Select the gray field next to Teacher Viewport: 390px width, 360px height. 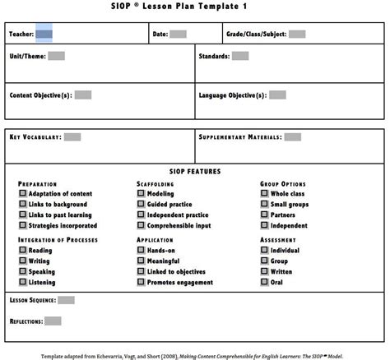pyautogui.click(x=44, y=35)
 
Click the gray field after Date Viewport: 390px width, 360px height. pyautogui.click(x=178, y=35)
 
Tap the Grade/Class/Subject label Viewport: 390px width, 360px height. pyautogui.click(x=256, y=35)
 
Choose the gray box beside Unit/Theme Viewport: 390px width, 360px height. pyautogui.click(x=56, y=56)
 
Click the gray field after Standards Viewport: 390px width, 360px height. pyautogui.click(x=239, y=56)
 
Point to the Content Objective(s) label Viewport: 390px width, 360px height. pyautogui.click(x=40, y=95)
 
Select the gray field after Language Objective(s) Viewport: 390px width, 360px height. pyautogui.click(x=277, y=95)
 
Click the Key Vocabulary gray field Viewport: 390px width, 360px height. pyautogui.click(x=72, y=137)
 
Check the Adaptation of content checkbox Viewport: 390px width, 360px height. pyautogui.click(x=22, y=194)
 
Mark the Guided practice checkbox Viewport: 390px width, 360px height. pyautogui.click(x=141, y=204)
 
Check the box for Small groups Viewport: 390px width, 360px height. pyautogui.click(x=264, y=204)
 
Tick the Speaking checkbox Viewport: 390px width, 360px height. pyautogui.click(x=22, y=271)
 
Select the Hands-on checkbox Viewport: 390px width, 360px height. pyautogui.click(x=141, y=251)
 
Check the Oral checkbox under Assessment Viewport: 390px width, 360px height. pyautogui.click(x=264, y=282)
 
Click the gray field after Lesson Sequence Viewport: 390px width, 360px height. pyautogui.click(x=66, y=300)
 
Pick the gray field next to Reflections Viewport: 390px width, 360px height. pyautogui.click(x=53, y=321)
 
